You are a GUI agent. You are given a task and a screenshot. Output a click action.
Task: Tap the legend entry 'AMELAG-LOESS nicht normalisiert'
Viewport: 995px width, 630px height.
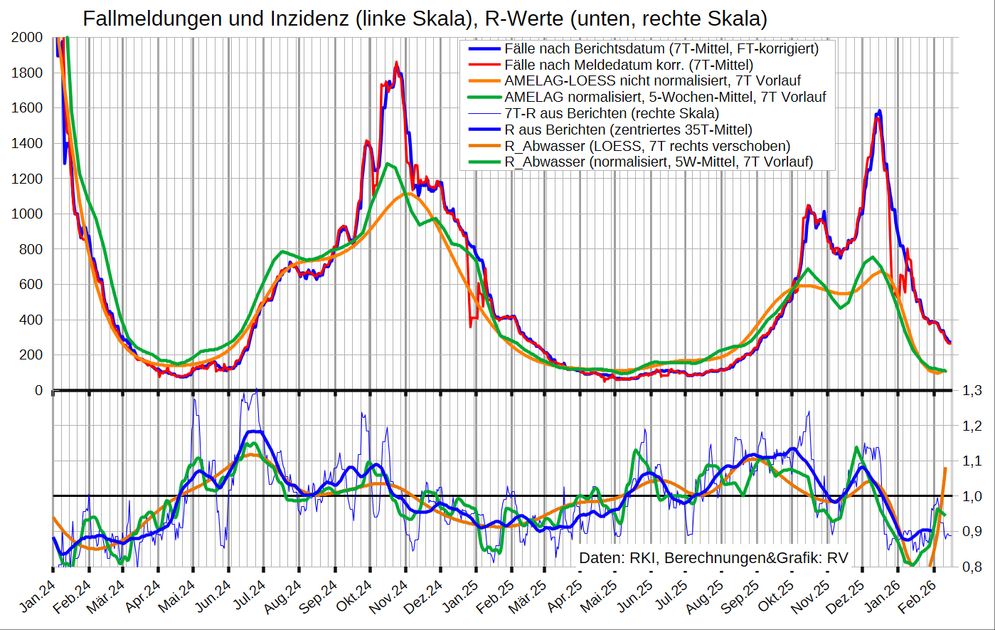pos(652,81)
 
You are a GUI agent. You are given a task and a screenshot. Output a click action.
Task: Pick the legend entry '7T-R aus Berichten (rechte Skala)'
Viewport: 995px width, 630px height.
pos(611,113)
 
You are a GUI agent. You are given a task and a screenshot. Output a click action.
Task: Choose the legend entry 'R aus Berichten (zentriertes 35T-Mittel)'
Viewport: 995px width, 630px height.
pos(628,130)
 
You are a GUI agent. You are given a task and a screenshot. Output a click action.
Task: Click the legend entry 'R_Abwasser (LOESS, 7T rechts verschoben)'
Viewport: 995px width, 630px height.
pos(647,146)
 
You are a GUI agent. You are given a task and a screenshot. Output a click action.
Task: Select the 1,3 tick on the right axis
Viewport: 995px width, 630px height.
pos(972,390)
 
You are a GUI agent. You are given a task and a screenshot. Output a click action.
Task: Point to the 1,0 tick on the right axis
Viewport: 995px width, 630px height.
pos(972,496)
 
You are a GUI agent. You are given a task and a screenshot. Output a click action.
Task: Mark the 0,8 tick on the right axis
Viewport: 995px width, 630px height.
pos(972,567)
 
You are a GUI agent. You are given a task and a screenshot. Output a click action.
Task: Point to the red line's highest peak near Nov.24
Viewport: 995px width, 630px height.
pos(396,63)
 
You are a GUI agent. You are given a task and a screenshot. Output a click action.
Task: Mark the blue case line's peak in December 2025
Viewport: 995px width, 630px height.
pos(880,111)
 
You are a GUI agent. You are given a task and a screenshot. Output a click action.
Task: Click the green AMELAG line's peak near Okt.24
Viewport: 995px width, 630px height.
pos(387,164)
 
